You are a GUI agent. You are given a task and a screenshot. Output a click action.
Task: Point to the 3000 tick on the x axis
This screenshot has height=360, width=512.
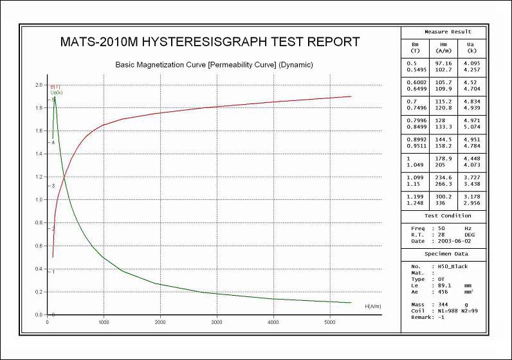click(x=216, y=322)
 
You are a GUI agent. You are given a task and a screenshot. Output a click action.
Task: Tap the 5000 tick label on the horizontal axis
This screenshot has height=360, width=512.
click(x=329, y=322)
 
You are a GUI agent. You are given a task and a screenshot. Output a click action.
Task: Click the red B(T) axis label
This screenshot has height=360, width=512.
click(x=56, y=87)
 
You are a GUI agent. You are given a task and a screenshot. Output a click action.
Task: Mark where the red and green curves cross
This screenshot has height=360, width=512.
click(x=64, y=178)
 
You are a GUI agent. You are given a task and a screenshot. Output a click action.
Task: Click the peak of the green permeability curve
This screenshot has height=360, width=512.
click(x=55, y=96)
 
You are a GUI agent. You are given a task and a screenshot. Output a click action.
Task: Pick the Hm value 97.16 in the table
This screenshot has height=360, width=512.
click(x=444, y=63)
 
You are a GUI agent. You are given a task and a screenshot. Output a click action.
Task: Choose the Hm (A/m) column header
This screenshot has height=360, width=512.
click(x=444, y=47)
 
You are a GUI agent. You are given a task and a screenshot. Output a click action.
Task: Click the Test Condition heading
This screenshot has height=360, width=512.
click(x=448, y=216)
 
